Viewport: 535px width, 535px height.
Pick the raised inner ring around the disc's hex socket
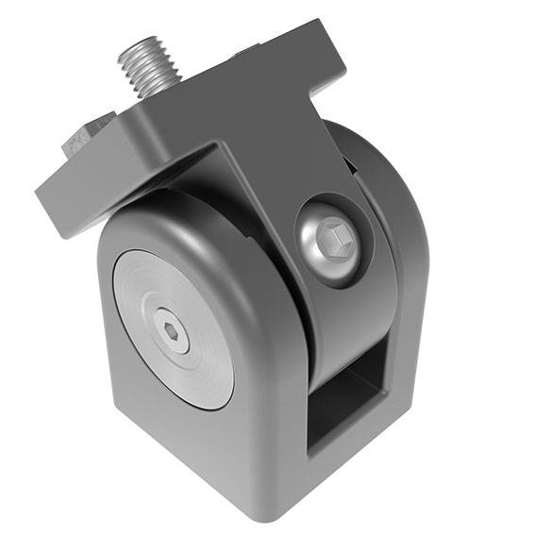click(171, 321)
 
